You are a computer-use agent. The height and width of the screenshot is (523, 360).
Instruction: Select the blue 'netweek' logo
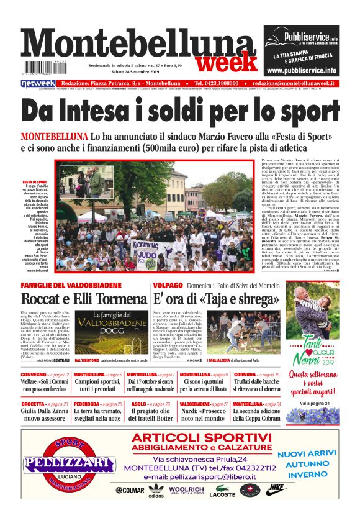[38, 83]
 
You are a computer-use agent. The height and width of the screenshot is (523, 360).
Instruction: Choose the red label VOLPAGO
[168, 285]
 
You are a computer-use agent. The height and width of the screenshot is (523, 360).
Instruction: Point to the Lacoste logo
[222, 490]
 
